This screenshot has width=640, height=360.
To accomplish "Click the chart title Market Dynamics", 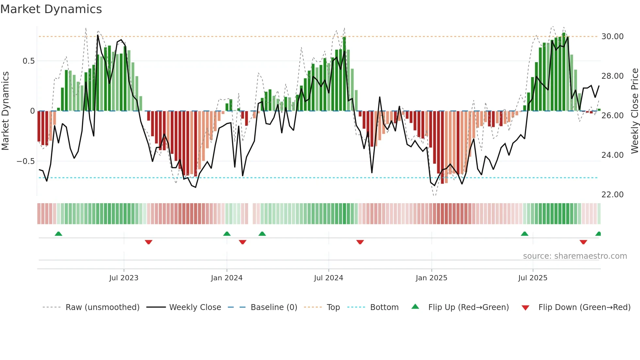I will coord(51,9).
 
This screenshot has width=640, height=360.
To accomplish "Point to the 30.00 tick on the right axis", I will coord(612,37).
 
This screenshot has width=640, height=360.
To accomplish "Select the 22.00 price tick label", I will coord(612,195).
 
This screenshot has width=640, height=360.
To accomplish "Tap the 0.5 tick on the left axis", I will coord(28,61).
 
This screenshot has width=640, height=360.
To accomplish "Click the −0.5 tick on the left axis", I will coord(25,161).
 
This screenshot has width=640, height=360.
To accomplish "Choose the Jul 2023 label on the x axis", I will coord(124,278).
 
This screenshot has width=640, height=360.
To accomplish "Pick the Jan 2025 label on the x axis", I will coord(431,278).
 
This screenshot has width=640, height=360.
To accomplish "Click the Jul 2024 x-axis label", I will coord(328,278).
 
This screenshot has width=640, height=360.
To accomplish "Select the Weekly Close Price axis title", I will coord(634,111).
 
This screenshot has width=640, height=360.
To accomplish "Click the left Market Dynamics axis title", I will coord(5,111).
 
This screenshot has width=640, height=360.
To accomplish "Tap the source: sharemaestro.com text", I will coord(575,256).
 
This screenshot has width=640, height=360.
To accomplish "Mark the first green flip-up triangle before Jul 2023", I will coord(58,234).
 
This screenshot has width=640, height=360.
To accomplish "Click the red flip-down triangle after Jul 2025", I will coord(583,242).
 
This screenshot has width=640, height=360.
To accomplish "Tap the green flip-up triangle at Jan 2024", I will coord(227,234).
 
